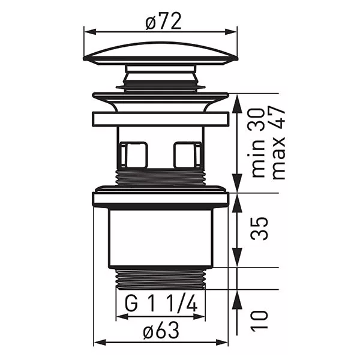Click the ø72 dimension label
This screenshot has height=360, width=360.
point(163,22)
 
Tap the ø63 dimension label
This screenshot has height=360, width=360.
point(161,331)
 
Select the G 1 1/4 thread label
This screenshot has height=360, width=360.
point(161,303)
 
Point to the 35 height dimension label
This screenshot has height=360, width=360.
point(260,228)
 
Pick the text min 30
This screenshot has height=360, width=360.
point(257,143)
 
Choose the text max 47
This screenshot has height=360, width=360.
point(278,142)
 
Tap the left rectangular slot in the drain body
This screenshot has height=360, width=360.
point(134,155)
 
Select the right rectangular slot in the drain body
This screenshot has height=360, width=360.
point(188,155)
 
